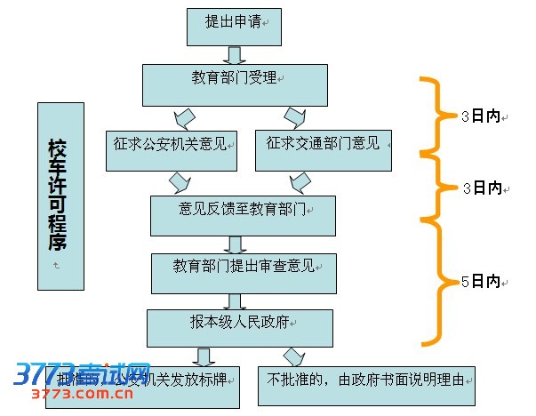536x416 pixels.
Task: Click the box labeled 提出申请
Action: coord(233,25)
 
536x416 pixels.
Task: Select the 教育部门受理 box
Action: coord(235,84)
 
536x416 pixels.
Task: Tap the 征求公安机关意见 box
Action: coord(171,150)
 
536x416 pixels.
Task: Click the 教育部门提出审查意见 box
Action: coord(242,272)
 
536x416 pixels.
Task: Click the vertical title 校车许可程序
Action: coord(60,196)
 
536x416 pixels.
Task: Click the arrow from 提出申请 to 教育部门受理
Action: coord(235,54)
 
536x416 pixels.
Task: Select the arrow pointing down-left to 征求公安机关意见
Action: coord(185,117)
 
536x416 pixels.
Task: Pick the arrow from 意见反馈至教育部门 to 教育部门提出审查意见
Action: coord(236,244)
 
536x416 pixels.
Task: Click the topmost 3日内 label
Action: coord(481,116)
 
